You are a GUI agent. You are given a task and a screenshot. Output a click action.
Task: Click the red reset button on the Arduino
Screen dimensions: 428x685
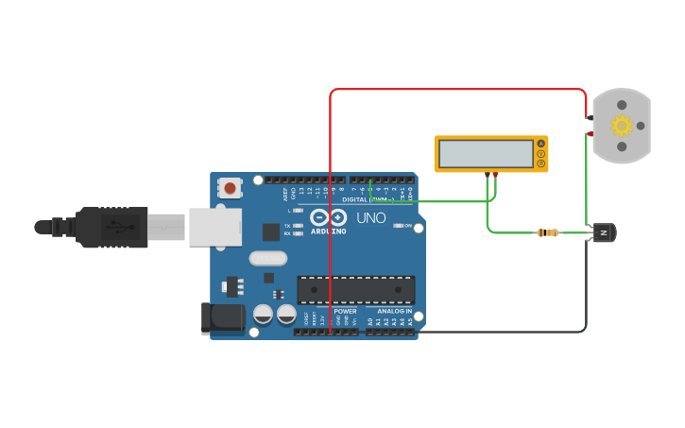coord(230,187)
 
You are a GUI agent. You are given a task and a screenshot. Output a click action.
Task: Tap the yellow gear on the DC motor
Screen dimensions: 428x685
coord(621,125)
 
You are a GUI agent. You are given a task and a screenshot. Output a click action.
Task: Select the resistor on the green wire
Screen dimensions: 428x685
coord(547,232)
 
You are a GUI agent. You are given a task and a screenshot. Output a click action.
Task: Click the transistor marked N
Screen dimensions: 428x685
coord(602,232)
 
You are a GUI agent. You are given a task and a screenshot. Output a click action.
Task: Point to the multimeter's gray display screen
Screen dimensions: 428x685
coord(487,153)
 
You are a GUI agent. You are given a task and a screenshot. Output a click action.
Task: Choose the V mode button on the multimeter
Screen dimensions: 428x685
coord(541,154)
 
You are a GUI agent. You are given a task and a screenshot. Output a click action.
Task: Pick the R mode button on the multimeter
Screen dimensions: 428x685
coord(541,163)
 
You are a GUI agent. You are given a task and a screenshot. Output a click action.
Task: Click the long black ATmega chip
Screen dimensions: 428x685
coord(355,290)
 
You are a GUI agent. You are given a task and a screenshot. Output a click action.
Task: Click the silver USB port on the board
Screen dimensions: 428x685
coord(215,227)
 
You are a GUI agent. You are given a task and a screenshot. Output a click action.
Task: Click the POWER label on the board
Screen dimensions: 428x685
coord(345,311)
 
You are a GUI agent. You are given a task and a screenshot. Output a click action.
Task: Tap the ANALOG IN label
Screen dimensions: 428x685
coord(394,311)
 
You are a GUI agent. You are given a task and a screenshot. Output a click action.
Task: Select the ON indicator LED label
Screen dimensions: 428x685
coord(408,226)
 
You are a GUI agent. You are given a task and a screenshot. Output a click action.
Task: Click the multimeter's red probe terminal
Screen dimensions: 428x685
coord(495,175)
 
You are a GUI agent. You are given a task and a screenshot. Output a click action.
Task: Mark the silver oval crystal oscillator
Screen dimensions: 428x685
coord(267,258)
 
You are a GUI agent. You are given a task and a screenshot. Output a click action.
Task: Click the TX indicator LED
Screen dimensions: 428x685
coord(298,226)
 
